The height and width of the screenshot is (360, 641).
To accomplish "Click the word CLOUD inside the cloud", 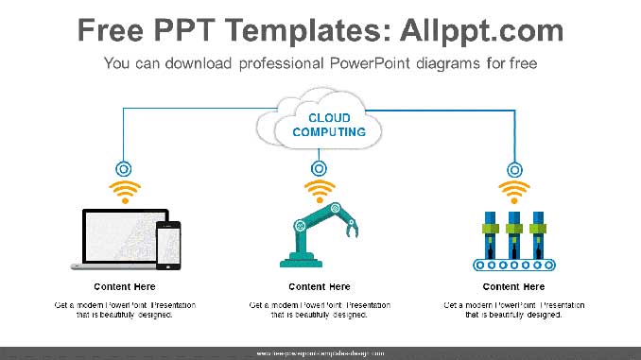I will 320,118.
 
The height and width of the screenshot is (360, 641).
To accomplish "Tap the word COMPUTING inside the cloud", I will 320,132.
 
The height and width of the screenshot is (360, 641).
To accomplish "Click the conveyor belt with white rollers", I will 513,264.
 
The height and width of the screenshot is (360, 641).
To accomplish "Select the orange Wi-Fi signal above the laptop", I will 125,192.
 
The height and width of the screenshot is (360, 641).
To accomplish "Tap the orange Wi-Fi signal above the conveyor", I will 514,192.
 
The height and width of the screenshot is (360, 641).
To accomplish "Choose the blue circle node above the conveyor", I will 514,169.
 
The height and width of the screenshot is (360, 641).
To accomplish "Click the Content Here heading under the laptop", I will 125,286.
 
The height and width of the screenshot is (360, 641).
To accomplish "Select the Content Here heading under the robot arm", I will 320,286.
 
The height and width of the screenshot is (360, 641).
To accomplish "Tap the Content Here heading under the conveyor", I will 514,286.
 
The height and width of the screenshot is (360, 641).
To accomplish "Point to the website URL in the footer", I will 320,352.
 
